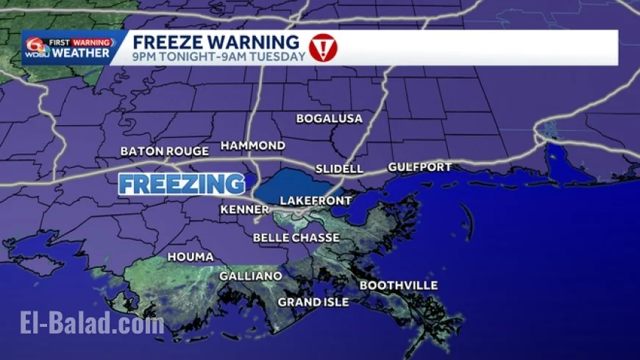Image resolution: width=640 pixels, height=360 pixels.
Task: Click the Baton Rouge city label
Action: pos(165,152)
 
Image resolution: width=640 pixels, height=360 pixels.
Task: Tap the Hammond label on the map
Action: pos(252,145)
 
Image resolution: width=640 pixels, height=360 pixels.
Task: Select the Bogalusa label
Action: pos(330,119)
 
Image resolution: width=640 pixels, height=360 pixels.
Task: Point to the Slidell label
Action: pos(339,169)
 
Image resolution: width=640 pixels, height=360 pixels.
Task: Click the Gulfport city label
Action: pos(419,167)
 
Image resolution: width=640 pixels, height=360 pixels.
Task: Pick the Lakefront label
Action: pos(316,200)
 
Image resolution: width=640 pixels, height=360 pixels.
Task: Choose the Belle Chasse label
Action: pos(296,238)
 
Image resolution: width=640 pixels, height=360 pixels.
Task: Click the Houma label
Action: pos(191,257)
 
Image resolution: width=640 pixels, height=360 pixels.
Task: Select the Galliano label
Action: pos(251,276)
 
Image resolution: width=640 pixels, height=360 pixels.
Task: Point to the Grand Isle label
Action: pos(313,302)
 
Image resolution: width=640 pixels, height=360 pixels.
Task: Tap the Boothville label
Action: pos(398,286)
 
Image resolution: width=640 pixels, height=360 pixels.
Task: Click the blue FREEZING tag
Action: pos(182,184)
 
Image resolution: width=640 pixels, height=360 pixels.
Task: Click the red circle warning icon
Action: pos(322,47)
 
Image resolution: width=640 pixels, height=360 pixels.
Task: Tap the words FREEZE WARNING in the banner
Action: pos(216,41)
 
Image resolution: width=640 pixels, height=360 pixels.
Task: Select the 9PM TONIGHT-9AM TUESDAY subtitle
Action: pos(218,57)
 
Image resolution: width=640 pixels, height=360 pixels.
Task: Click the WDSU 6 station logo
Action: pos(35,48)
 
